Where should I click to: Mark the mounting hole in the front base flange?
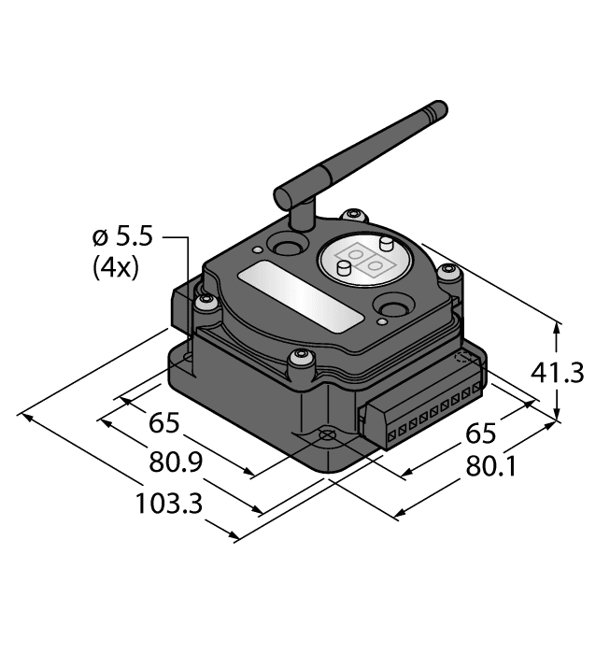point(326,436)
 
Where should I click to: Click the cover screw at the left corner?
point(206,301)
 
